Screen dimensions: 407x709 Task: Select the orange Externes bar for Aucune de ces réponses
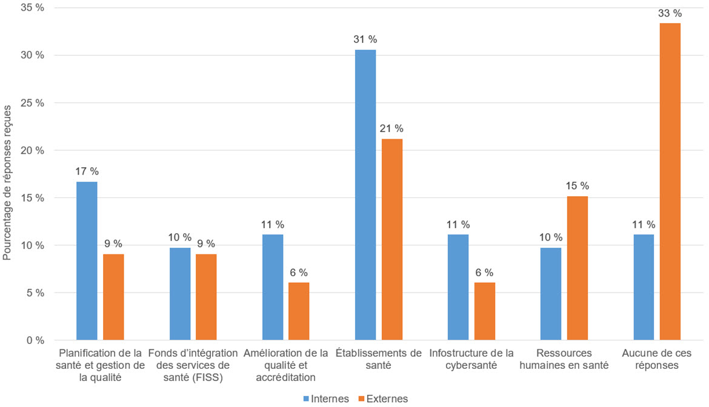(670, 182)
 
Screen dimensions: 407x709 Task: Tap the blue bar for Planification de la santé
(87, 261)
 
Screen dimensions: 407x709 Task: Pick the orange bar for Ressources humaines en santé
(578, 268)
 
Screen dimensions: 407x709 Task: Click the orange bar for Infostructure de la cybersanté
(485, 311)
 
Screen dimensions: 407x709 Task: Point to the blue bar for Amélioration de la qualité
(273, 287)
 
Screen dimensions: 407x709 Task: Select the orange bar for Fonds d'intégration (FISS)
(206, 297)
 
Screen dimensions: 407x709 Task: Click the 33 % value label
(670, 13)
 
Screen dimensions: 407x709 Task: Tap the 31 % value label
(365, 39)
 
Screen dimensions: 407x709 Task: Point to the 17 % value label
(87, 171)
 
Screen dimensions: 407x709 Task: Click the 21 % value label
(391, 128)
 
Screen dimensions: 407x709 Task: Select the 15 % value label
(578, 186)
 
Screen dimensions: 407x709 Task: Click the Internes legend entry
(325, 399)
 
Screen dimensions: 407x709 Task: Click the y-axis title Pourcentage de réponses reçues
(7, 176)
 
